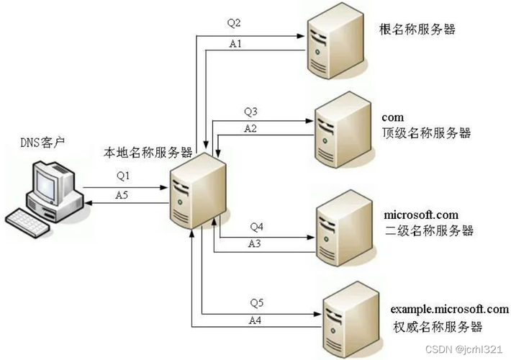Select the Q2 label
(x=235, y=23)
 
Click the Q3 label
(x=250, y=112)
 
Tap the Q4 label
(x=257, y=227)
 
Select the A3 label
(x=256, y=244)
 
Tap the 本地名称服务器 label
(x=147, y=153)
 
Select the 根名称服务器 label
(x=417, y=30)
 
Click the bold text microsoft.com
(x=421, y=215)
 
